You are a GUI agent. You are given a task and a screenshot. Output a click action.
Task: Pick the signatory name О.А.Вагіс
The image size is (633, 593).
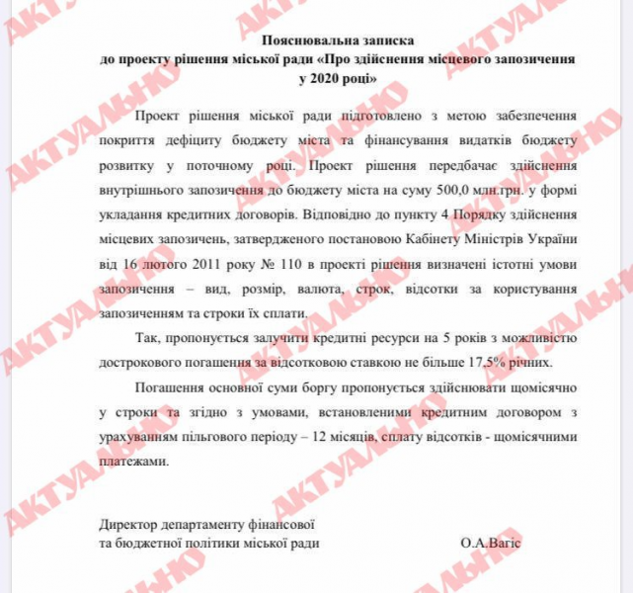(491, 545)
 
